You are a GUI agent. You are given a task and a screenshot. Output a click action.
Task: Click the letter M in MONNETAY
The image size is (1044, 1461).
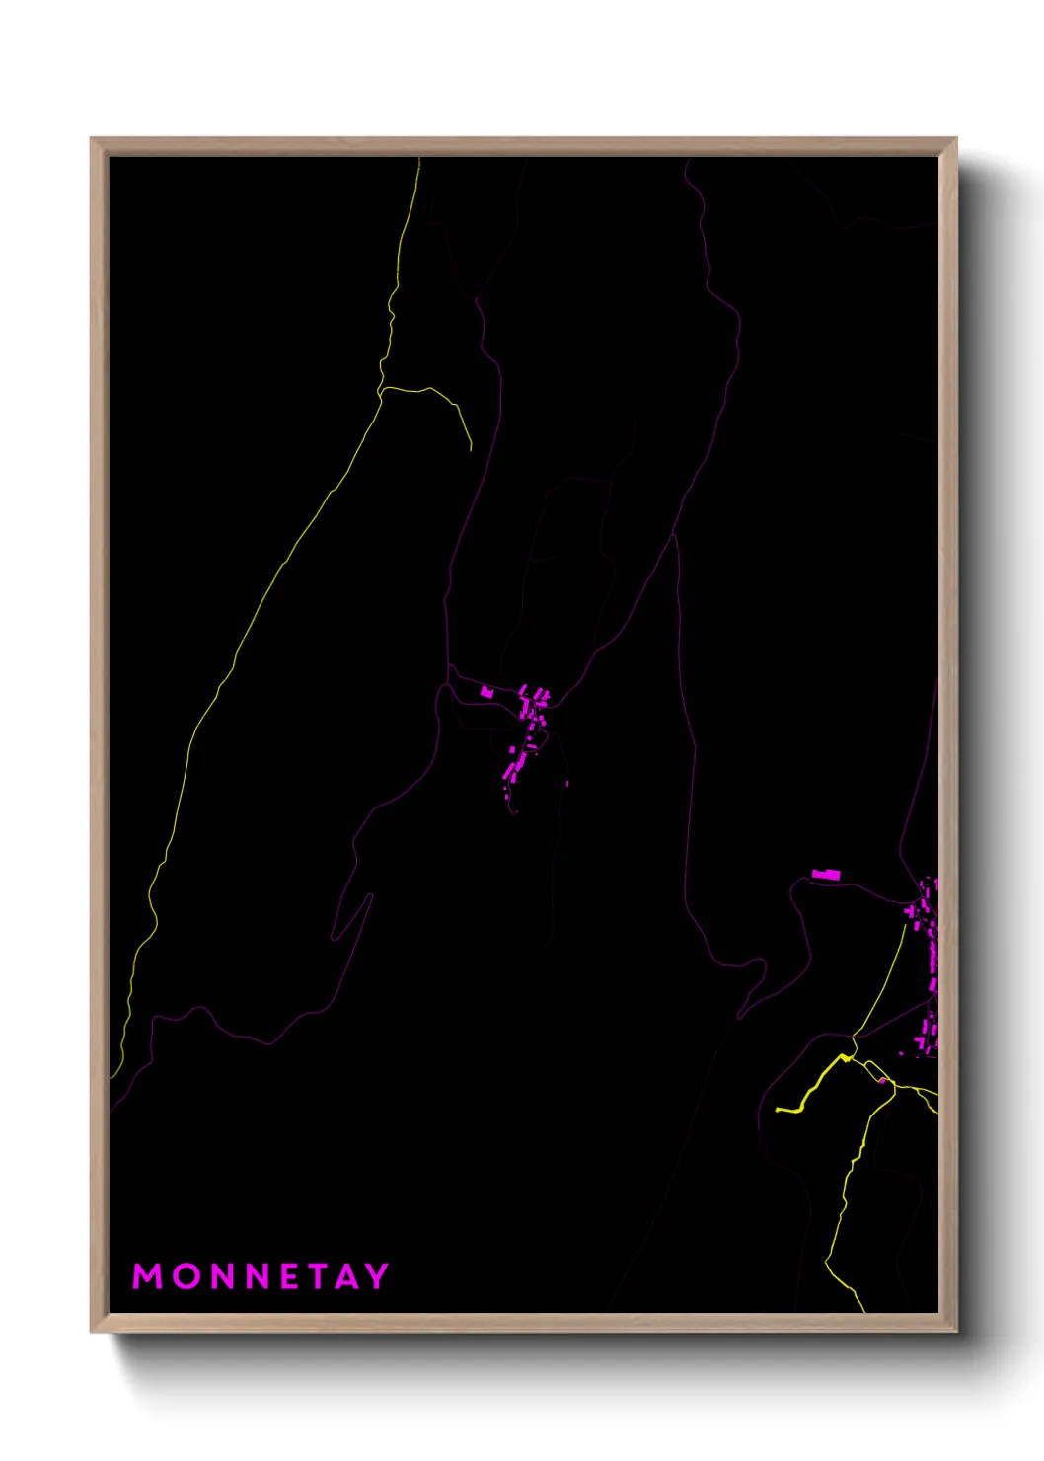point(147,1276)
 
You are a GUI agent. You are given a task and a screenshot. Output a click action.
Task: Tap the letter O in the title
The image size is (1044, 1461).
point(186,1276)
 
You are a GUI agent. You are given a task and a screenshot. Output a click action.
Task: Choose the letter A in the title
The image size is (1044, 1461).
point(348,1276)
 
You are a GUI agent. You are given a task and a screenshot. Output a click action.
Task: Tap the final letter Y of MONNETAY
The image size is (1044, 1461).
point(377,1276)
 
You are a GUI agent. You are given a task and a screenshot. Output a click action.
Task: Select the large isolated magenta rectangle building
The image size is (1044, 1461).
point(826,874)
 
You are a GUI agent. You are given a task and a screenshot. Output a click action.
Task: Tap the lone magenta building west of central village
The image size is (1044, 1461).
point(486,692)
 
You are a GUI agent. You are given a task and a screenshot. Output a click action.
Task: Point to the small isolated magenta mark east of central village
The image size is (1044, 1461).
point(566,784)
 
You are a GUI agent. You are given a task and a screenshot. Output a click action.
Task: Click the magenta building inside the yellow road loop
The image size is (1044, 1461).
point(881,1080)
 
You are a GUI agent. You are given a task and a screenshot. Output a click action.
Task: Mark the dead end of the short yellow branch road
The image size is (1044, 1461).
point(471,450)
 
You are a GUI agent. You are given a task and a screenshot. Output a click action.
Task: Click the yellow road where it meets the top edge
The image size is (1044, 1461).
point(419,159)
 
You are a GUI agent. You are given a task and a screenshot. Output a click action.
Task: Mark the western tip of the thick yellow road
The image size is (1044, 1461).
point(778,1110)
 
